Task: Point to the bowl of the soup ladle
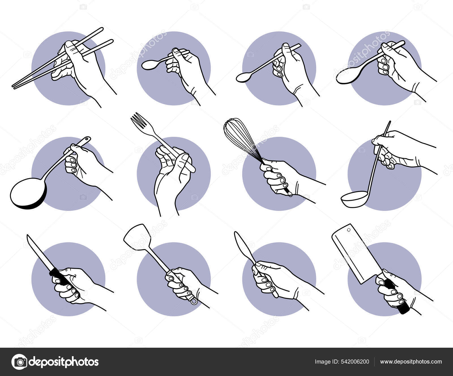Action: pyautogui.click(x=354, y=199)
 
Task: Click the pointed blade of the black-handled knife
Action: pyautogui.click(x=39, y=252)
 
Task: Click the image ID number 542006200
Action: pyautogui.click(x=356, y=362)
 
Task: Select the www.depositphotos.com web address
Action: pyautogui.click(x=411, y=362)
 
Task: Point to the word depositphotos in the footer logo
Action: pyautogui.click(x=64, y=362)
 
